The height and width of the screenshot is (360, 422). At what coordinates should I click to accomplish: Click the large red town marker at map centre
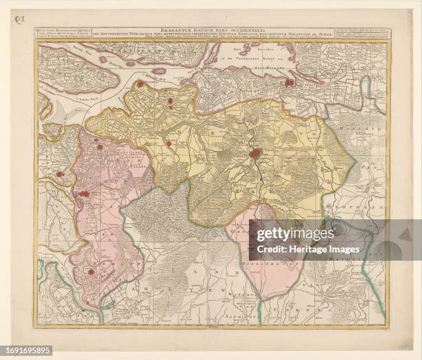click(x=255, y=153)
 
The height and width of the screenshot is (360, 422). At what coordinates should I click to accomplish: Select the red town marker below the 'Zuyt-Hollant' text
click(x=290, y=83)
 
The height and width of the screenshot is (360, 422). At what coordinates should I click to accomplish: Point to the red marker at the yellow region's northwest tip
click(x=140, y=84)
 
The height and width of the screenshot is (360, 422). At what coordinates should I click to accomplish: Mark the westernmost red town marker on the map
click(x=60, y=174)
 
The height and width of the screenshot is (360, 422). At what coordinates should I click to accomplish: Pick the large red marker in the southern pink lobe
click(x=90, y=272)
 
